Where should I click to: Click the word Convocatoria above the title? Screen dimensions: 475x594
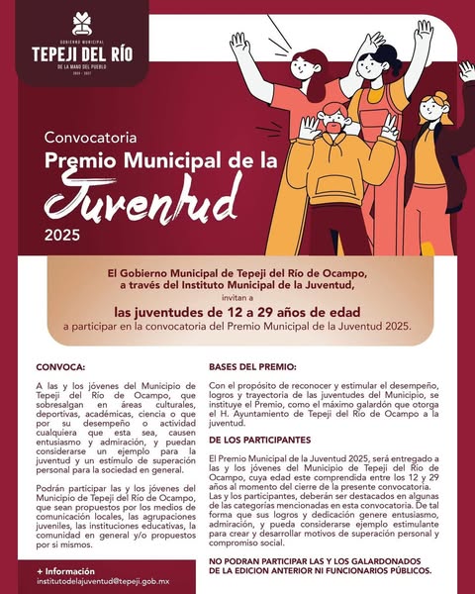(x=87, y=135)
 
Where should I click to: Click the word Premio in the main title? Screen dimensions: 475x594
(x=84, y=158)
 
